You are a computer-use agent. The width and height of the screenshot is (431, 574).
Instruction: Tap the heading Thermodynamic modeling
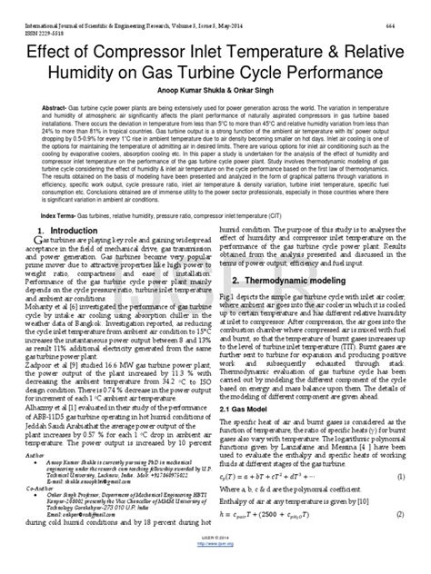coord(294,304)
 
